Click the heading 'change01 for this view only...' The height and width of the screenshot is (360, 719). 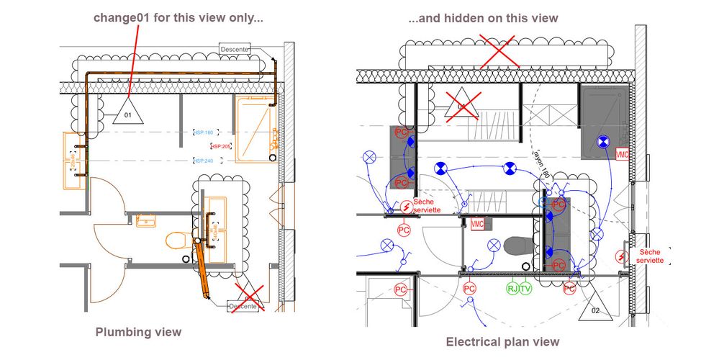178,18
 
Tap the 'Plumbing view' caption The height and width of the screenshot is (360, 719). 138,332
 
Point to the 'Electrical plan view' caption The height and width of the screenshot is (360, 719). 502,341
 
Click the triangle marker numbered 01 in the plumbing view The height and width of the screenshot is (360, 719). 128,111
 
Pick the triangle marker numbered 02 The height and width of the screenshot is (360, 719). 595,307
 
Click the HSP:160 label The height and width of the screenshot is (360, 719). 204,132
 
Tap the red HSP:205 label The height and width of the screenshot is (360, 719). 221,146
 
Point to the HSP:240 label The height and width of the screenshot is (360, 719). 204,161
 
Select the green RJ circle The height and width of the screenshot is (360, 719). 512,289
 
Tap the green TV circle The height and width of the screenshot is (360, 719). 525,289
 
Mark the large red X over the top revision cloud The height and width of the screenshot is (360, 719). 502,52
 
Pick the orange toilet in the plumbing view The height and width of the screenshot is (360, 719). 176,240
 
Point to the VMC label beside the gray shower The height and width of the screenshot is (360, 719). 622,154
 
